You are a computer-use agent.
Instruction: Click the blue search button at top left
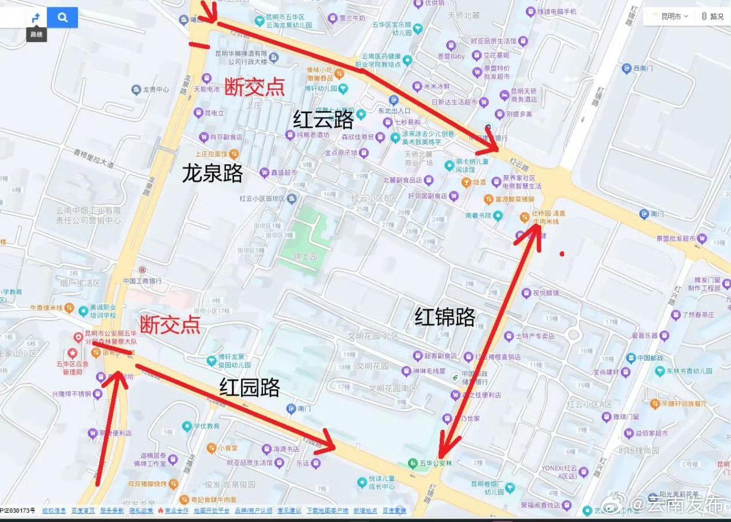click(x=62, y=18)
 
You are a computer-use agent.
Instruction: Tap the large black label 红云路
click(x=323, y=120)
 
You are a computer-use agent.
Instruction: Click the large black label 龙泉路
click(x=212, y=173)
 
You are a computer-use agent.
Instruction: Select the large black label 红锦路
click(x=445, y=317)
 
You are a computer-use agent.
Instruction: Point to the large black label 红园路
click(x=249, y=387)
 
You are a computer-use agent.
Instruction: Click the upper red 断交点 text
click(x=254, y=86)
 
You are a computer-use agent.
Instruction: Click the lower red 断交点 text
click(x=170, y=324)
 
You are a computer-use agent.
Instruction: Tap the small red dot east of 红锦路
click(x=562, y=253)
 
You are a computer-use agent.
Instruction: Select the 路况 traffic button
click(x=713, y=16)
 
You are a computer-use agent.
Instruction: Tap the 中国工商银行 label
click(x=142, y=281)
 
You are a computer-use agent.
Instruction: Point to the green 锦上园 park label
click(x=305, y=256)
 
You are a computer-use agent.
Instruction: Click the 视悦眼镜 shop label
click(x=545, y=293)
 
